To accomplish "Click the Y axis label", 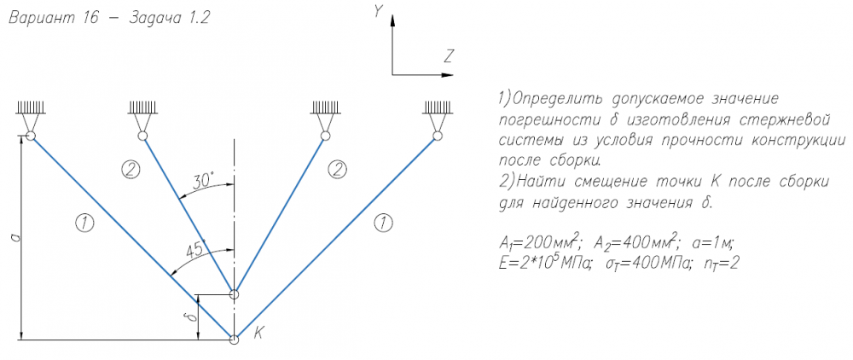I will pos(376,10).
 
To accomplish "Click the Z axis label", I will pos(449,57).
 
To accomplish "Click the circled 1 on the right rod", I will pos(383,223).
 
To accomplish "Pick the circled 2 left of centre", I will pos(131,169).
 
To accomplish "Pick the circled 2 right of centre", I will pos(338,169).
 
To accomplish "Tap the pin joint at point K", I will pos(235,340).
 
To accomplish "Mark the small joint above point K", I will pos(235,294).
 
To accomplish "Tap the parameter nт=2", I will pos(717,264).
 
